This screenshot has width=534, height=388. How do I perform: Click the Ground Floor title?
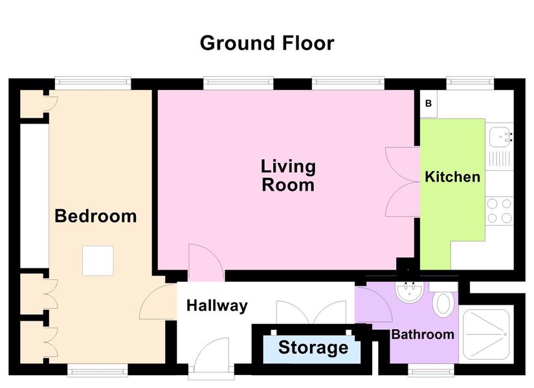pyautogui.click(x=267, y=43)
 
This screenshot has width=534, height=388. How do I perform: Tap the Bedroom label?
pyautogui.click(x=96, y=216)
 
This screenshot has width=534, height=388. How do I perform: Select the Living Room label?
pyautogui.click(x=288, y=176)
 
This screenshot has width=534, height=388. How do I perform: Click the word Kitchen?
pyautogui.click(x=452, y=177)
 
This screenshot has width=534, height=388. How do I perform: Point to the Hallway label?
pyautogui.click(x=217, y=306)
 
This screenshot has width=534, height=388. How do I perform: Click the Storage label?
pyautogui.click(x=313, y=347)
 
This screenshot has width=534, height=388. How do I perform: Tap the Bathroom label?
pyautogui.click(x=423, y=334)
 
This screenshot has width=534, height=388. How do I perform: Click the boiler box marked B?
pyautogui.click(x=428, y=103)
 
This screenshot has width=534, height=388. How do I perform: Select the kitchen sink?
pyautogui.click(x=500, y=137)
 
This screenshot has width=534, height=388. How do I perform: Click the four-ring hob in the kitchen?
pyautogui.click(x=499, y=211)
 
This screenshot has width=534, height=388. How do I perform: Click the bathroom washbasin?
pyautogui.click(x=409, y=292)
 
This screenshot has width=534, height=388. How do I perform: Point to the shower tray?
pyautogui.click(x=486, y=334)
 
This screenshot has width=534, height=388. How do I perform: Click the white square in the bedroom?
pyautogui.click(x=98, y=261)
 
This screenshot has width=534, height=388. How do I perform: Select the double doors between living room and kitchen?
pyautogui.click(x=403, y=182)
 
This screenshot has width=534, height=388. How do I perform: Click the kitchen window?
pyautogui.click(x=470, y=82)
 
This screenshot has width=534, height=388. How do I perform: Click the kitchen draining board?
pyautogui.click(x=499, y=159)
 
